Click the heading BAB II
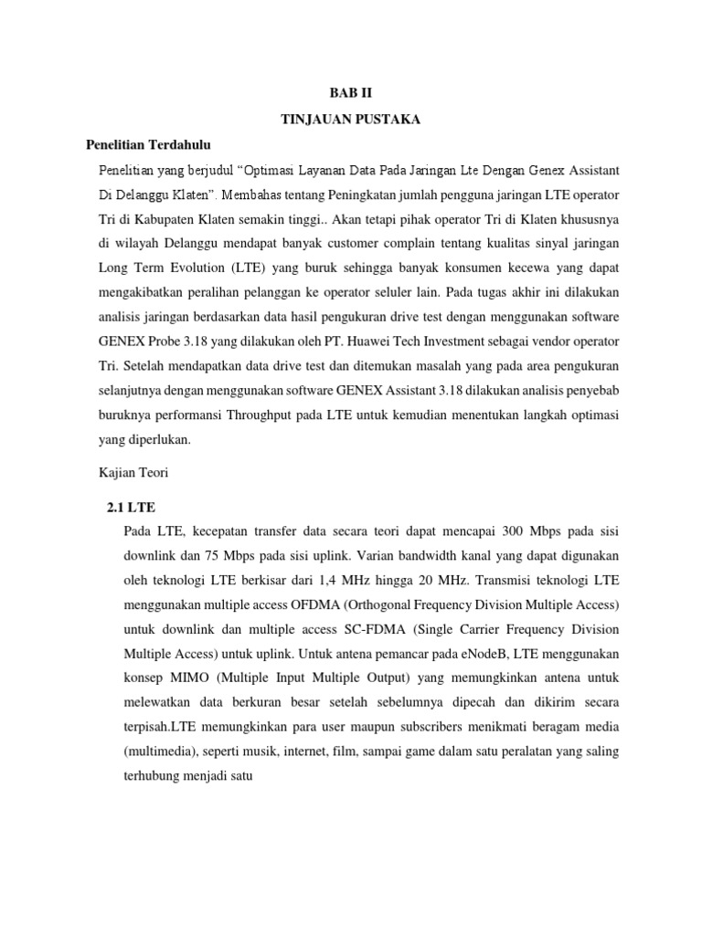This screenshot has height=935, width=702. coord(351,93)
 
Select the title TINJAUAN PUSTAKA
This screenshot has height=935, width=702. coord(350,119)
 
